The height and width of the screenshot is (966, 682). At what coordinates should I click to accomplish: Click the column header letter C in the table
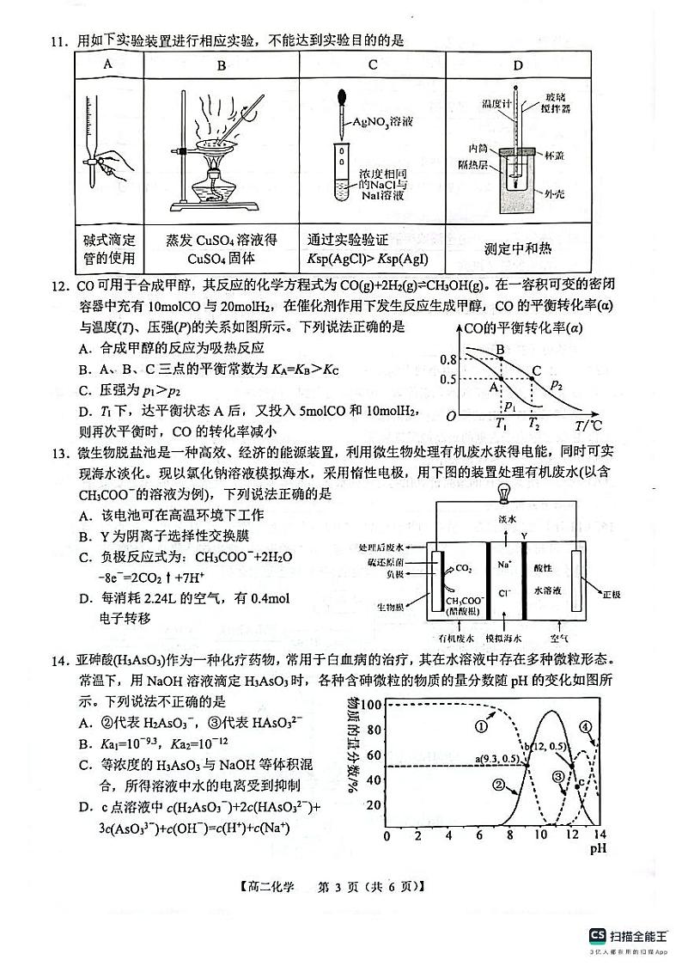point(373,64)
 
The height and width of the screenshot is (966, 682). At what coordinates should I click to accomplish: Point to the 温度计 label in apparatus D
point(496,104)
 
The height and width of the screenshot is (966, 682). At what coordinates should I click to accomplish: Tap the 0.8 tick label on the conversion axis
point(448,360)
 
